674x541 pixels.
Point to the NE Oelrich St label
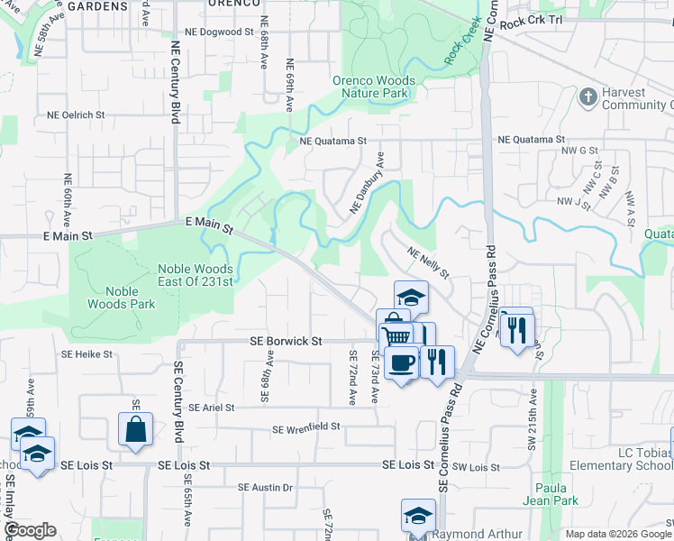[x=70, y=115]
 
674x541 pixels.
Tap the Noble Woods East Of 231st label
[x=196, y=275]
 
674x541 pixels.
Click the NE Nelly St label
[x=429, y=262]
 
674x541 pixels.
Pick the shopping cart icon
[x=396, y=336]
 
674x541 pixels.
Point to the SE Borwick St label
[x=285, y=342]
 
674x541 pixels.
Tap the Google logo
[x=30, y=530]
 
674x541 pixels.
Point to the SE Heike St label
[x=87, y=354]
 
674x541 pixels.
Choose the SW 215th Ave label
[x=533, y=420]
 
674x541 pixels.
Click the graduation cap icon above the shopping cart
[x=410, y=296]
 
